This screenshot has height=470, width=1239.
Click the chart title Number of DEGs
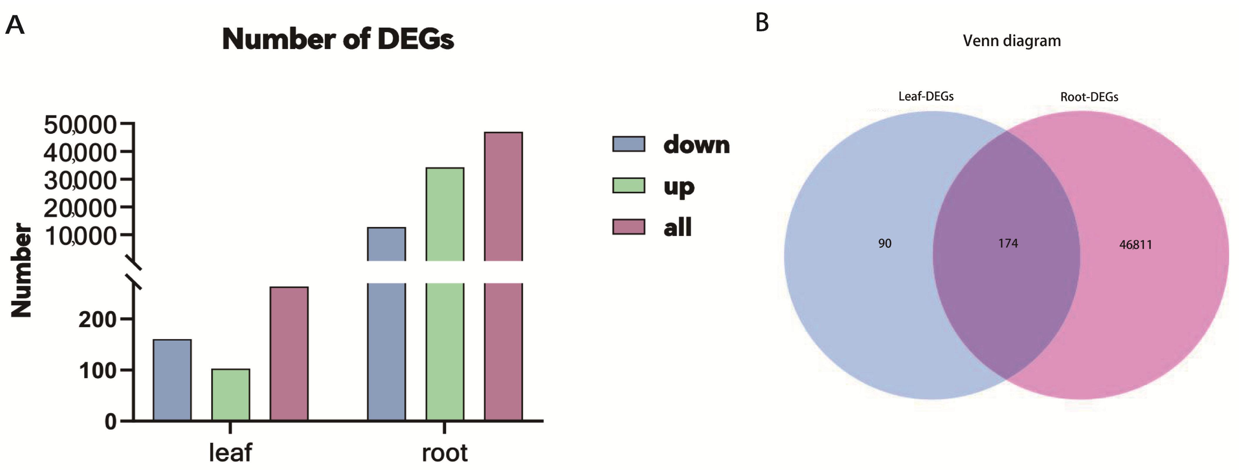tap(338, 39)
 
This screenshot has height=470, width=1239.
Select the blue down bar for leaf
tap(172, 380)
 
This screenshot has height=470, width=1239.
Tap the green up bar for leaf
tap(231, 394)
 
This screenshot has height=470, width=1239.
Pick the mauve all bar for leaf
tap(289, 353)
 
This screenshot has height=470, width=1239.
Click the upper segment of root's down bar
tap(386, 244)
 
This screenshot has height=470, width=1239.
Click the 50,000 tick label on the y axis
tap(80, 125)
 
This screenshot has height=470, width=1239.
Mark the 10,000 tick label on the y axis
tap(80, 236)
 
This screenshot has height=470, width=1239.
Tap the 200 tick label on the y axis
tap(97, 319)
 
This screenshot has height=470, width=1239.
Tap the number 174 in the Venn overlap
tap(1008, 243)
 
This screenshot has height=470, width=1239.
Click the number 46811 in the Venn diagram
tap(1136, 245)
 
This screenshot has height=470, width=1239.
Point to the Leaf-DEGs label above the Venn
tap(926, 96)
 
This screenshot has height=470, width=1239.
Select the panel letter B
tap(762, 23)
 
